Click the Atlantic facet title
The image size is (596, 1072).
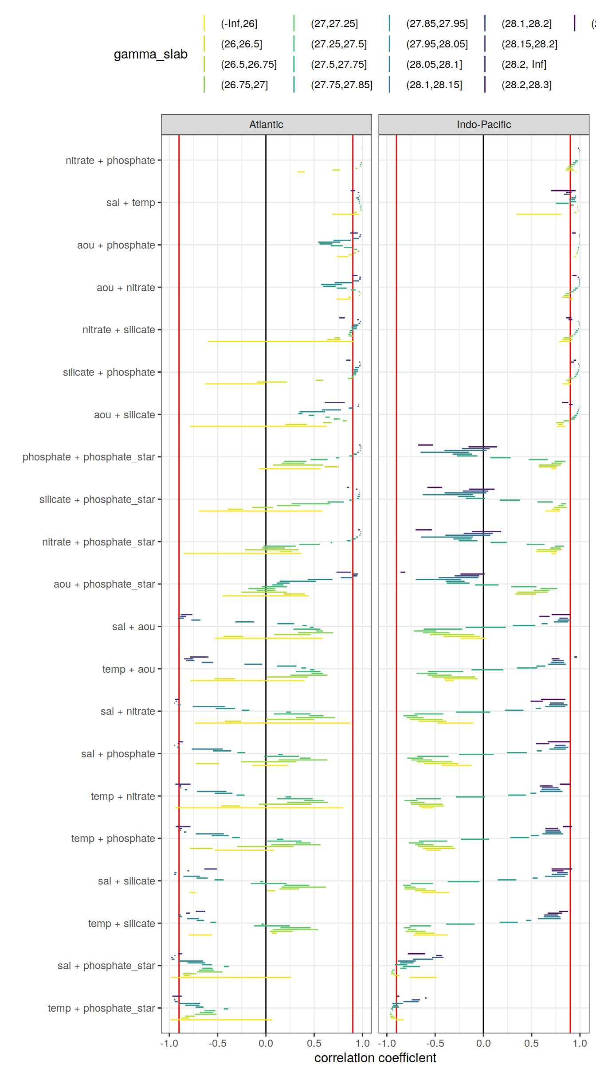266,125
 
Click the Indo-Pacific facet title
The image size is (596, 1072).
483,125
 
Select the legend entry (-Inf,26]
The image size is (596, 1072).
239,23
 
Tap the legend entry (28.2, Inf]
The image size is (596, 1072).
524,64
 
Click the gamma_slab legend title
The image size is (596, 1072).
150,54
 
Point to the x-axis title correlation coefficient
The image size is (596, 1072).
375,1058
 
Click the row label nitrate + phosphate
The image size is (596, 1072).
110,160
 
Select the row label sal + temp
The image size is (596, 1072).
130,203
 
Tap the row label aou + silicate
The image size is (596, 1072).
124,415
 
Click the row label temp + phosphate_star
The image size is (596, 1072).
101,1008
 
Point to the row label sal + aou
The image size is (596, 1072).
133,627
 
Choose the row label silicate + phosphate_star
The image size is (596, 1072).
97,499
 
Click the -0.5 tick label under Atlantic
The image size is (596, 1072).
217,1043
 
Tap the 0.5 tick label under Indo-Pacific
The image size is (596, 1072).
531,1043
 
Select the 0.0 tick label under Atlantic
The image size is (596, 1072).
266,1043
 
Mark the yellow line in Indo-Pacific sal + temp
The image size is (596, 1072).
538,214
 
